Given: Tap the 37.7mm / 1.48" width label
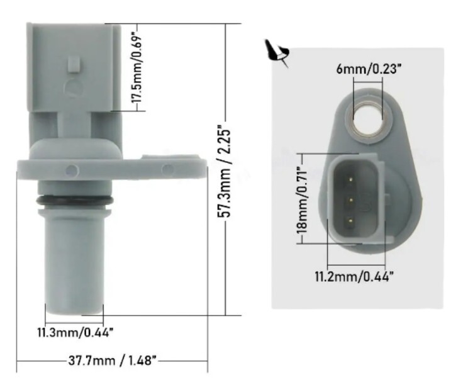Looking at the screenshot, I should [x=112, y=361].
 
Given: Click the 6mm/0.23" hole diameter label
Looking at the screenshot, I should [x=369, y=69].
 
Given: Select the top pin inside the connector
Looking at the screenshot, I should [x=348, y=179].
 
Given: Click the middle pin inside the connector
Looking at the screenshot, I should [x=348, y=200].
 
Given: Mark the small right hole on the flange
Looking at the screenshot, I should [x=167, y=169].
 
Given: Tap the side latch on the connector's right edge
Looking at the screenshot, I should [x=385, y=200].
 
